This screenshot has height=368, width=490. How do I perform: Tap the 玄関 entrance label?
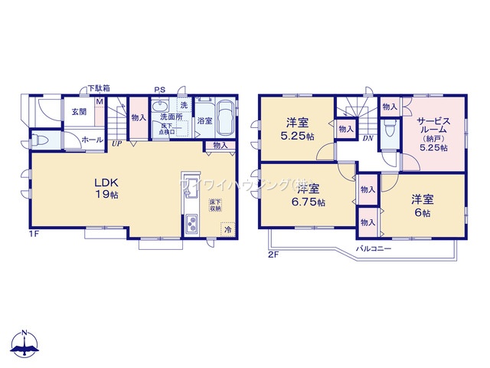tap(79, 112)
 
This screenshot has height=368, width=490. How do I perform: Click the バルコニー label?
tap(373, 249)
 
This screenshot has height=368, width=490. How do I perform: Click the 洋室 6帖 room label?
tap(422, 205)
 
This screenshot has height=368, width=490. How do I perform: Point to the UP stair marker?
tap(116, 143)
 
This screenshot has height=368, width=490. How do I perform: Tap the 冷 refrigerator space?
tap(227, 228)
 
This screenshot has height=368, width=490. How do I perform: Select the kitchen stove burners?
tap(191, 225)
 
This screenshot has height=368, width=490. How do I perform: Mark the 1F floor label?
tap(34, 232)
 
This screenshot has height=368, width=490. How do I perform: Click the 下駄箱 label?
tap(97, 88)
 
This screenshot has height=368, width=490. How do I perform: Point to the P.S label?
tap(161, 89)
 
